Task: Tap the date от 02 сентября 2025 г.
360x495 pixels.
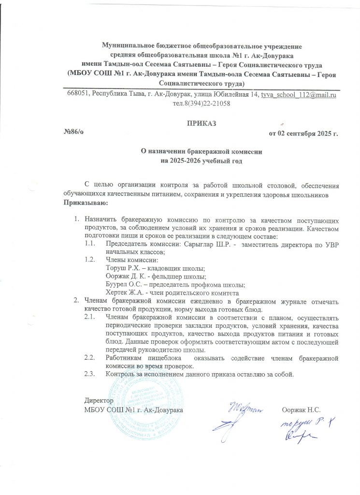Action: point(303,133)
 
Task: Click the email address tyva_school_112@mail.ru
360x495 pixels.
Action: point(298,95)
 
